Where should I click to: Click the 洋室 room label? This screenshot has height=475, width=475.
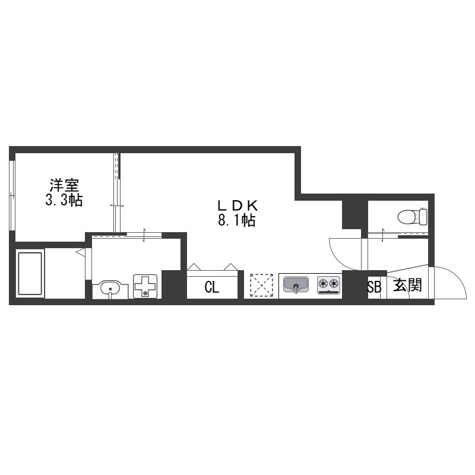pos(64,185)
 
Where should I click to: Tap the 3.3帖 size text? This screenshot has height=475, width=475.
pos(64,200)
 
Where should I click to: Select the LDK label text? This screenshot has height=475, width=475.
pos(237,206)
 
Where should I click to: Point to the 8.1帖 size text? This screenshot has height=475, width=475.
pos(236,220)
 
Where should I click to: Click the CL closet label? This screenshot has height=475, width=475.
pos(212,287)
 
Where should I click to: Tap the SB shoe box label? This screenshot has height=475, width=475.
pos(375,287)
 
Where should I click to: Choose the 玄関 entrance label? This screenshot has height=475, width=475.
pos(407,285)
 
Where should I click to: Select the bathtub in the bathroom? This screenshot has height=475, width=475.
pos(30,274)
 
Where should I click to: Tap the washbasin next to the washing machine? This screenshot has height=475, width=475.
pos(110,290)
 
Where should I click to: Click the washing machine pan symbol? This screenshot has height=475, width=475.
pos(145,286)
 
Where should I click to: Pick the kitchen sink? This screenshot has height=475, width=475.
pos(296,285)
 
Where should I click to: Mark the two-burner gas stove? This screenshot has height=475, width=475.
pos(329,285)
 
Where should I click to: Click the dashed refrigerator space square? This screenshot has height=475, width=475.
pos(261,285)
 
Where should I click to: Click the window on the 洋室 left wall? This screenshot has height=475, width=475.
pos(12,195)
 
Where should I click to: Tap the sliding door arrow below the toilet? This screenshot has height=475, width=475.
pos(383,235)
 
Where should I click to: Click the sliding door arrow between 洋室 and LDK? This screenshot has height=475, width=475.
pos(117,206)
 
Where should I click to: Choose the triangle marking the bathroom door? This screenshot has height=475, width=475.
pos(80,252)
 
